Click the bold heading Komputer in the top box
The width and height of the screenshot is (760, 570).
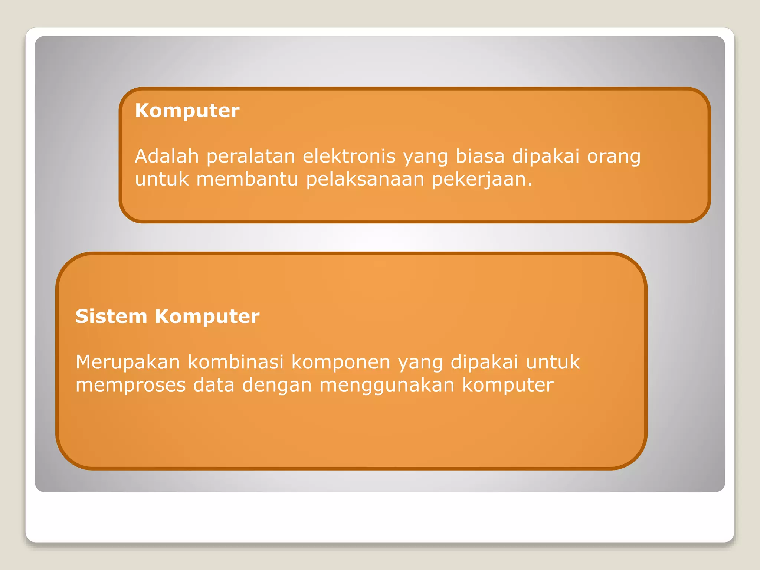point(187,111)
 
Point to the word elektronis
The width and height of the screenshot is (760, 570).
point(349,156)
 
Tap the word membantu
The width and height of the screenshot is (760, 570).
point(247,179)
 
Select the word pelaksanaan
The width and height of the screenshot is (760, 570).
point(365,180)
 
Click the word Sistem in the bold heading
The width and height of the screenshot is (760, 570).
point(111,317)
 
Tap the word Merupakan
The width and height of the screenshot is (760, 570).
point(128,363)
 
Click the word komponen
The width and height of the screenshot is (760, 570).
point(341,363)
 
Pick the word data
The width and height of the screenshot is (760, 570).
point(214,385)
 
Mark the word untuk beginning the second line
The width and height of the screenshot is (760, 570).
point(162,179)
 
